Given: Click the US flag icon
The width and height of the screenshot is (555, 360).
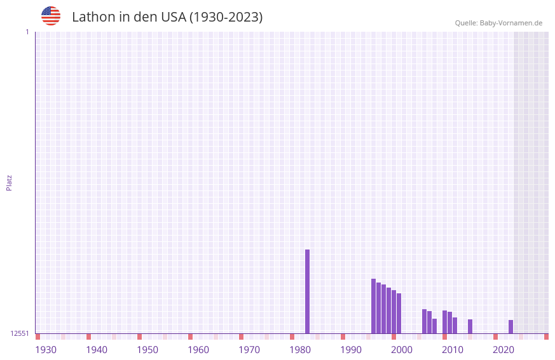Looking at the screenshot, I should (x=51, y=16).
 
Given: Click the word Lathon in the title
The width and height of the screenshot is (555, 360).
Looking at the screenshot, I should (x=94, y=17).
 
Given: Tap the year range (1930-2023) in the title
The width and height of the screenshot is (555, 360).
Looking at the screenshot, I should (x=226, y=17).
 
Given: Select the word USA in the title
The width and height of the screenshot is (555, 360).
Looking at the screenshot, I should (x=174, y=17).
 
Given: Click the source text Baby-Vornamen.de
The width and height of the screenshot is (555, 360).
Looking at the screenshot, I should (x=511, y=23).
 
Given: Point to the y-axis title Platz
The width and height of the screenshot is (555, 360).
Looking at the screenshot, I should (x=9, y=182).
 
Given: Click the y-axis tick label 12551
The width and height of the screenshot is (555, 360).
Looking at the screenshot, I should (x=19, y=333).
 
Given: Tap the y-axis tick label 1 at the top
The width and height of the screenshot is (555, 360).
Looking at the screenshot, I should (x=27, y=32).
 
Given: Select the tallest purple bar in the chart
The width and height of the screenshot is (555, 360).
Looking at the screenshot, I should (x=307, y=291).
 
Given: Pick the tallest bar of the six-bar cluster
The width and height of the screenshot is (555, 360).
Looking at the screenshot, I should (x=373, y=306).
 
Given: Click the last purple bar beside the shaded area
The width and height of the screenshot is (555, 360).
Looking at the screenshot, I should (x=510, y=326).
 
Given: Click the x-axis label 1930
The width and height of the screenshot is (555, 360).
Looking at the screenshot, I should (x=46, y=350).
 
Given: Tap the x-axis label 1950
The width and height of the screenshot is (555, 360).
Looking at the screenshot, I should (x=147, y=350).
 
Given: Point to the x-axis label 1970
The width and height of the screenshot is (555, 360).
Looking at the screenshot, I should (x=249, y=350).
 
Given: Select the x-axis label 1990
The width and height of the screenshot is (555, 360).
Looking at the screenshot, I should (x=351, y=350).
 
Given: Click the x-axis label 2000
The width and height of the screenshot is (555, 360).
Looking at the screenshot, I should (x=402, y=350).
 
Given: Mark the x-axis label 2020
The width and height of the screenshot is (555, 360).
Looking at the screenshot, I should (x=504, y=350).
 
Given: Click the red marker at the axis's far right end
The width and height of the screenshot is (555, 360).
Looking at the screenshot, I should (x=546, y=337).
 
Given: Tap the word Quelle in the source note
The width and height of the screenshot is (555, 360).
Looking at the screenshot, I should (x=465, y=23).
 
